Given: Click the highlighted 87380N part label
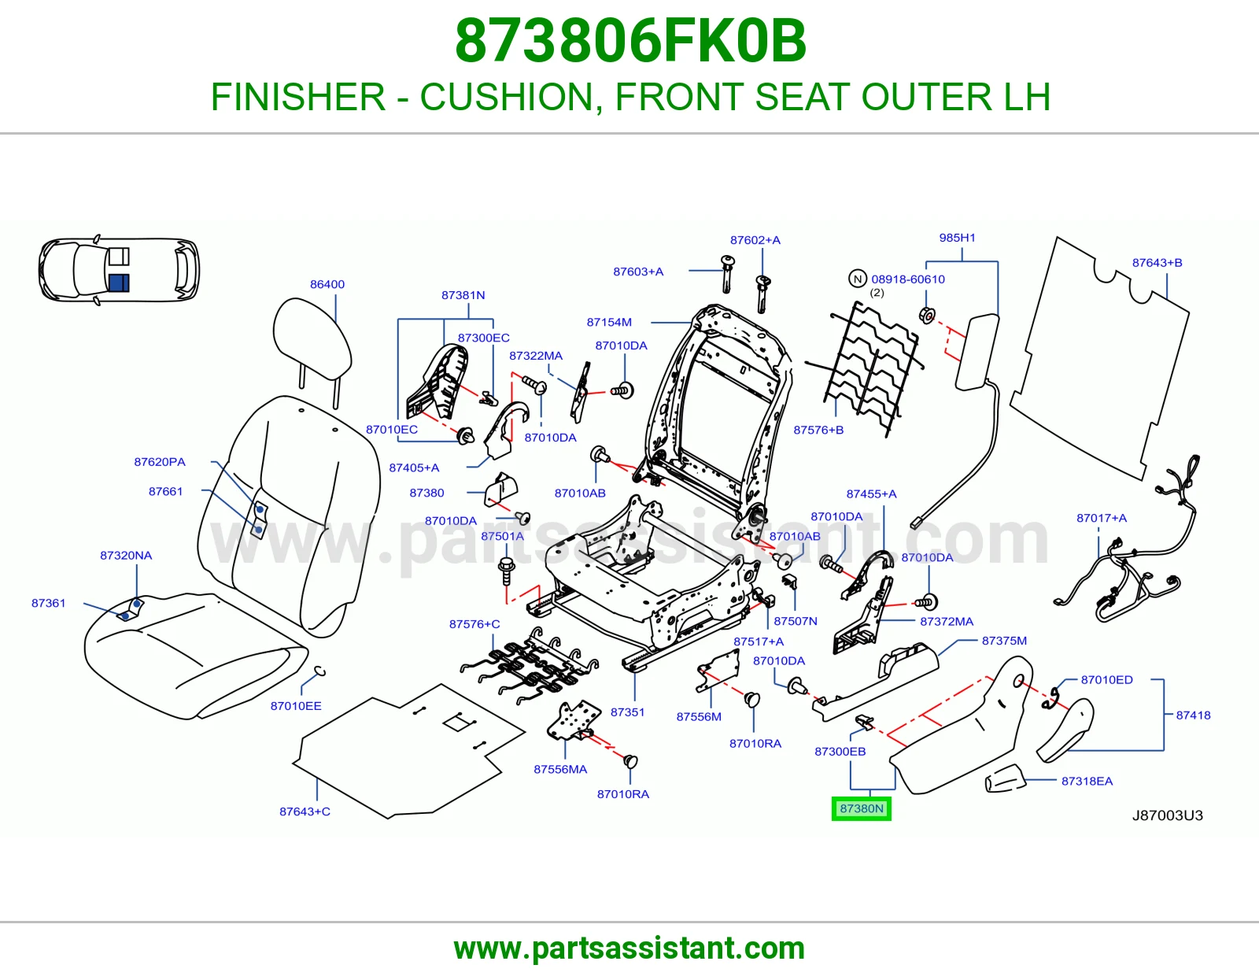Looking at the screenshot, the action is coord(861,808).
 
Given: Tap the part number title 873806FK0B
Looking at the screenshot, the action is coord(630,41).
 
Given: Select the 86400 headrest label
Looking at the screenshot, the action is coord(327,284).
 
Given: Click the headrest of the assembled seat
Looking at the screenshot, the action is coord(312,336).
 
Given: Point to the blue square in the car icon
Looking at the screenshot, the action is coord(119,283).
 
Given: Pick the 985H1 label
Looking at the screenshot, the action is coord(957,238).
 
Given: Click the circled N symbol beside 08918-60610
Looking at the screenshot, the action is coord(858,279).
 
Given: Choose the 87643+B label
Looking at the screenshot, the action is coord(1157,263).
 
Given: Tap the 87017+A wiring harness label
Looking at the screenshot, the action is coord(1102,518).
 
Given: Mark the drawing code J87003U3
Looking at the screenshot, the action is coord(1168,815).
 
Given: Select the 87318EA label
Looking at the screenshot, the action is coord(1087,782).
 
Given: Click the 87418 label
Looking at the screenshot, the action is coord(1193,715).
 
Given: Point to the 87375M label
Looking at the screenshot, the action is coord(1004,641).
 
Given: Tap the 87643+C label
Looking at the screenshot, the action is coord(305,811).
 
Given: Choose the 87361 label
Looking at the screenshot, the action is coord(48,604).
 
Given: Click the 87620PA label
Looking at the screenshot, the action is coord(160,462).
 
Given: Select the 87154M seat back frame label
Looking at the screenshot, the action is coord(609,322).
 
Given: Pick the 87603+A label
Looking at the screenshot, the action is coord(638,272).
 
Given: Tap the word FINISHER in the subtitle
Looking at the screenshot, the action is coord(298,97).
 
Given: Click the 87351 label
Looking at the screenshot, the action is coord(627,712).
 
